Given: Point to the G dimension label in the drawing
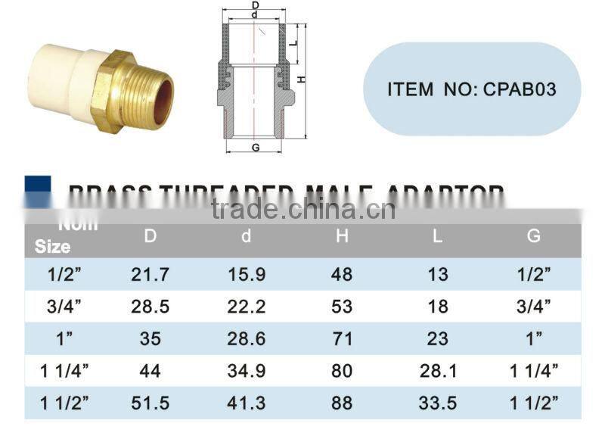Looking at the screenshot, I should [256, 148].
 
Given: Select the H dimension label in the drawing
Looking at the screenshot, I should [300, 80].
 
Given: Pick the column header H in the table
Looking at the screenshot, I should [342, 236].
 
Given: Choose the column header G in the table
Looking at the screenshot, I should [534, 236].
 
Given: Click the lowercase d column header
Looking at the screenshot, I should [246, 236].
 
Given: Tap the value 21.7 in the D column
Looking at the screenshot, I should [150, 274].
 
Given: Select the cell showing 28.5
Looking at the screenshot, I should [150, 307].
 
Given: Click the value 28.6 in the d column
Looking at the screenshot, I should [247, 338].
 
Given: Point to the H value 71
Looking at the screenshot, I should [342, 338].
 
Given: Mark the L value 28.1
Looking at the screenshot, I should [438, 371].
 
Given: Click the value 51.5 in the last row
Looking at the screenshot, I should [150, 403].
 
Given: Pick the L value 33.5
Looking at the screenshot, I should [438, 403].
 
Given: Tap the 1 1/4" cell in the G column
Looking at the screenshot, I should [534, 371].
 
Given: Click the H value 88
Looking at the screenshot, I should [342, 403].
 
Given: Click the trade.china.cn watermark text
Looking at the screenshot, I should [302, 208].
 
